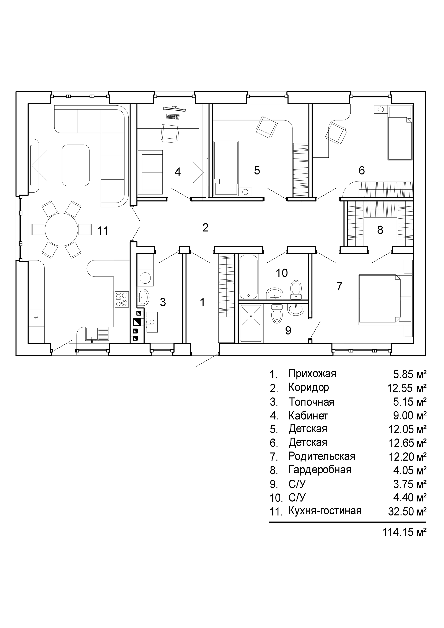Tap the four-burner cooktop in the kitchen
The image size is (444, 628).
(x=122, y=299)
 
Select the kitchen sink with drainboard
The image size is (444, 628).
(x=98, y=334)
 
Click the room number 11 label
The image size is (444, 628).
(x=103, y=231)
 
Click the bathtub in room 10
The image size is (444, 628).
(x=248, y=277)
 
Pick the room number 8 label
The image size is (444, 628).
(x=380, y=230)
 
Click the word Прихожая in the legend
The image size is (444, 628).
(x=312, y=374)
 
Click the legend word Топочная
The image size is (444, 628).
(x=311, y=402)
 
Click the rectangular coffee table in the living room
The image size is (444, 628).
(x=76, y=165)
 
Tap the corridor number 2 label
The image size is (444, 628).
(x=205, y=227)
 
